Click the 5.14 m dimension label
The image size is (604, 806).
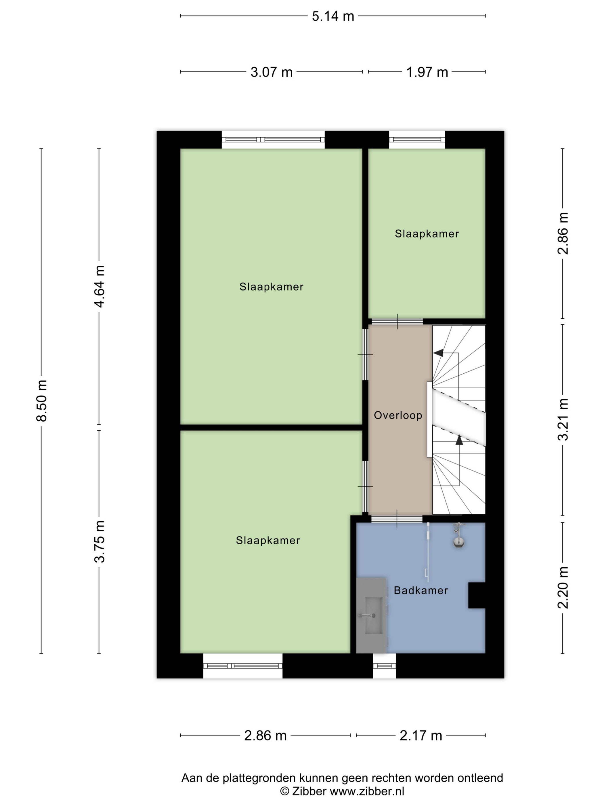click(x=333, y=16)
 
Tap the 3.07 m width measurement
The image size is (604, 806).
click(x=271, y=72)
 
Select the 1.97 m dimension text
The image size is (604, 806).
click(x=427, y=72)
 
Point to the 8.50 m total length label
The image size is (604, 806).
click(x=41, y=400)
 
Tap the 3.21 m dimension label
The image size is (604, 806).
click(x=563, y=419)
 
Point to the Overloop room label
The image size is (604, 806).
click(x=398, y=415)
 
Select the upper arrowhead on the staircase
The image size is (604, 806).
click(x=438, y=352)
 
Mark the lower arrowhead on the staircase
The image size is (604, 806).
click(x=459, y=440)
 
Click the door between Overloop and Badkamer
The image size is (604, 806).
click(x=397, y=519)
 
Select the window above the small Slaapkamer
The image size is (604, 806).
click(x=417, y=140)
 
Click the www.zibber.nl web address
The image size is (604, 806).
click(x=367, y=791)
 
